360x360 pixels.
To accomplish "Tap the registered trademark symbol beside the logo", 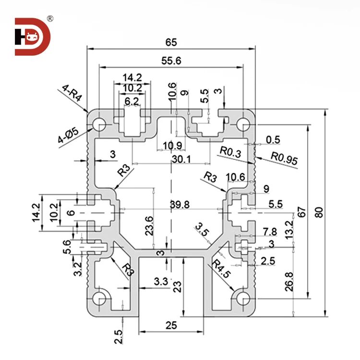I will [x=50, y=19].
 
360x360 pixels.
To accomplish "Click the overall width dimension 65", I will [x=171, y=42].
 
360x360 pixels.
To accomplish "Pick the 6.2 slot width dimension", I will [x=132, y=101].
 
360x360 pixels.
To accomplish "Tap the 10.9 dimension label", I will [x=171, y=145].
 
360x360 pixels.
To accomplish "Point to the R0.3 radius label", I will [x=230, y=152].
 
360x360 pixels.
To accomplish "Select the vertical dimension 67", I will [x=300, y=212].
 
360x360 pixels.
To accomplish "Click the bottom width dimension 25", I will [x=170, y=325].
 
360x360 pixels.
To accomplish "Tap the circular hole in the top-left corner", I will [x=101, y=124].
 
